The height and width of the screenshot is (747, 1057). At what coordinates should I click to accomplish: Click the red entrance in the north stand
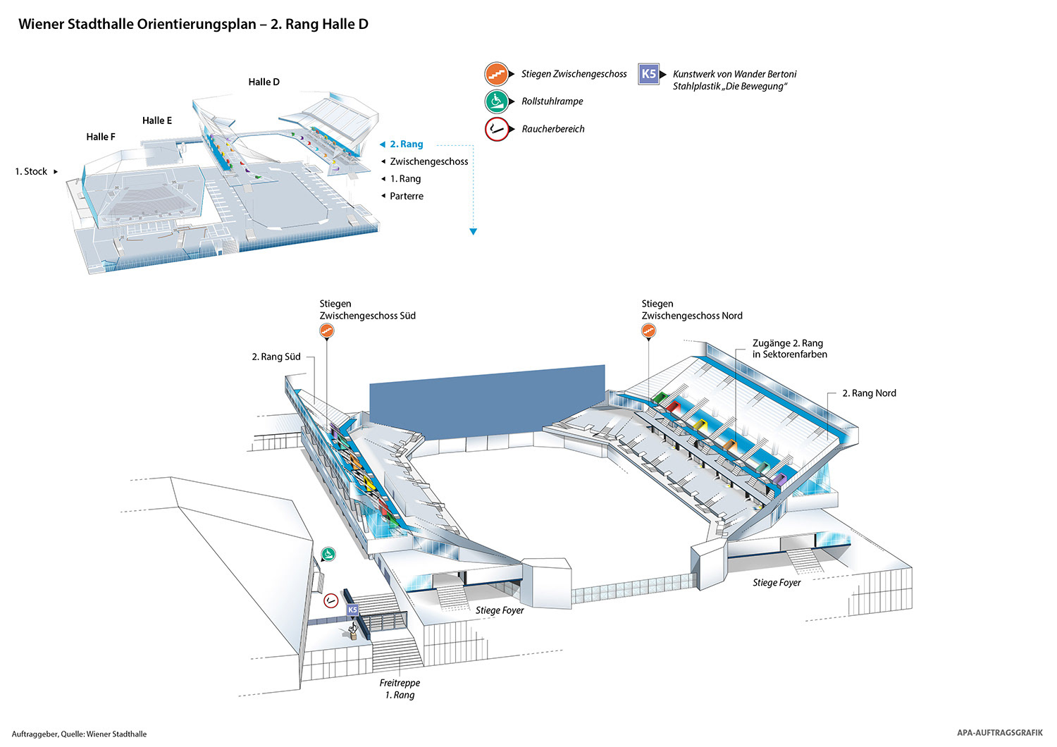674,407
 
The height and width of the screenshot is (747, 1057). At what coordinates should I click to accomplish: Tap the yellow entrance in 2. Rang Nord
700,424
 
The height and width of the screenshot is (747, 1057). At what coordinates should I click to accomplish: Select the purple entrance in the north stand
779,479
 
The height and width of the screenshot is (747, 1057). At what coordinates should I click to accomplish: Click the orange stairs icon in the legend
497,74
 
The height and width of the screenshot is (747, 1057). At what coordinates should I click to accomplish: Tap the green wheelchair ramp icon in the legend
497,101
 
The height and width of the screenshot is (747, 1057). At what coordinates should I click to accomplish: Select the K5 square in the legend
648,74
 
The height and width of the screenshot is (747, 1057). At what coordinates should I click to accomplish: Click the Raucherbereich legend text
553,129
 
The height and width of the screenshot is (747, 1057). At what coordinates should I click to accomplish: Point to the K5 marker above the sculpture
352,610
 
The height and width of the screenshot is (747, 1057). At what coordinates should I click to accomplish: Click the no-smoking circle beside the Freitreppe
330,601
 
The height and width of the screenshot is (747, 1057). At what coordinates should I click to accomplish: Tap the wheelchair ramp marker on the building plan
328,555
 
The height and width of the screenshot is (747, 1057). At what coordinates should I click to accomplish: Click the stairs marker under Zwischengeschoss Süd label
326,331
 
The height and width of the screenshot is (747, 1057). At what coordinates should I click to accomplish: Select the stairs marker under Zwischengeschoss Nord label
648,331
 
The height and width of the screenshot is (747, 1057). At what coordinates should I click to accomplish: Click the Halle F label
101,137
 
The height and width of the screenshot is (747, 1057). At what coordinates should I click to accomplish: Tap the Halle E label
157,121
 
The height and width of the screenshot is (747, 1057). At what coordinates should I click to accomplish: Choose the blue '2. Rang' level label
407,144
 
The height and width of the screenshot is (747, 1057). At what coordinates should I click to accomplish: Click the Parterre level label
407,197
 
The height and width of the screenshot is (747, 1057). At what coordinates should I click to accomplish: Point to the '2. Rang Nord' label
869,393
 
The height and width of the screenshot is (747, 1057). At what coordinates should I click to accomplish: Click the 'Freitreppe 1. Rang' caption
400,689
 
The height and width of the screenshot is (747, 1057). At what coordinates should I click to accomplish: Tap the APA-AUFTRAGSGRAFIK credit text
999,733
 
